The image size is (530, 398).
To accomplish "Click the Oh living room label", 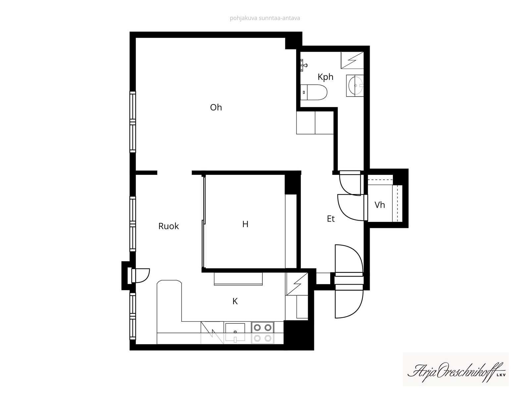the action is [216, 107].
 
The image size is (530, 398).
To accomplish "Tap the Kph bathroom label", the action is [325, 77].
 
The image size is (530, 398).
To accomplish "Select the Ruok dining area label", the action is [169, 226].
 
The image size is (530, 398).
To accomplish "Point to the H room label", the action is [245, 224].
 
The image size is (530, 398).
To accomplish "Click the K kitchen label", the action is [235, 301].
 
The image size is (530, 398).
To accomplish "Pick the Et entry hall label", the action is [331, 219].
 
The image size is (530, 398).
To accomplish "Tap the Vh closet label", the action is [380, 205].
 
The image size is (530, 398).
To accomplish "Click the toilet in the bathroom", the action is [314, 92].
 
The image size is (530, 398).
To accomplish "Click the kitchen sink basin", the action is [235, 332].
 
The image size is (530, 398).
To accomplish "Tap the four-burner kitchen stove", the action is [262, 333].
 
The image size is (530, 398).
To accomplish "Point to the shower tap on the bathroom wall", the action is [304, 65].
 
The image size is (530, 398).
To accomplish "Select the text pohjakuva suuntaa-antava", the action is [265, 18].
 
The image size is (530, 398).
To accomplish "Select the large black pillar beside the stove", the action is [299, 335].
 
